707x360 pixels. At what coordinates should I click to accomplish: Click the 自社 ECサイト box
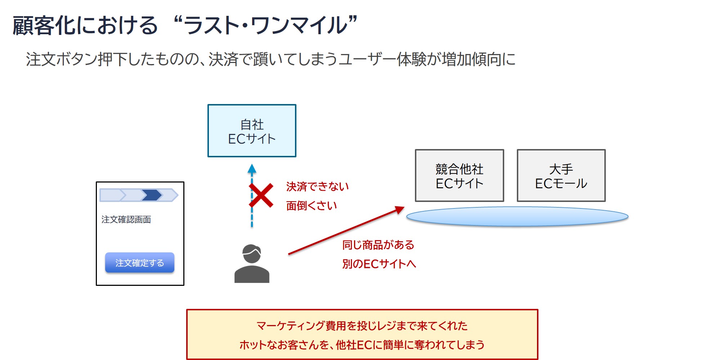click(x=252, y=131)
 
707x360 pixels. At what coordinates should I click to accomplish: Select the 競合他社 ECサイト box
click(x=459, y=176)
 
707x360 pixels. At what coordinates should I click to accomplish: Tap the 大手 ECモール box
click(x=561, y=176)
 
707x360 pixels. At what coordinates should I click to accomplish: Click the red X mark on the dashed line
click(x=261, y=195)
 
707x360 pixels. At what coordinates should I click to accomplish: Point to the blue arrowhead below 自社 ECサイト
click(x=252, y=168)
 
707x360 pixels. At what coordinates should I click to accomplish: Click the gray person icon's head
click(x=251, y=253)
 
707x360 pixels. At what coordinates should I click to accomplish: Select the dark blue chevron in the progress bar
click(x=152, y=195)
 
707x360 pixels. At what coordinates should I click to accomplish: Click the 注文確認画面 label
click(x=126, y=220)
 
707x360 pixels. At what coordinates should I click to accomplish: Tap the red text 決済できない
click(x=317, y=186)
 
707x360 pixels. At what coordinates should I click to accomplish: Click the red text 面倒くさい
click(x=312, y=206)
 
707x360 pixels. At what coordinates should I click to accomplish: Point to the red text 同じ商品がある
click(x=378, y=245)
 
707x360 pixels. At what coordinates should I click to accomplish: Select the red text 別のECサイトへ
click(x=379, y=264)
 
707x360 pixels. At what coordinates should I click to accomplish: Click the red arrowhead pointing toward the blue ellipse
click(x=399, y=210)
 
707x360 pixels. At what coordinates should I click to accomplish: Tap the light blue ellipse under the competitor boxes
click(x=517, y=216)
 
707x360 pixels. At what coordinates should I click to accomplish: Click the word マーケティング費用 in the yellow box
click(x=295, y=326)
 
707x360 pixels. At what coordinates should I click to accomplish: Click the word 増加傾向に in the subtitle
click(x=479, y=59)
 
